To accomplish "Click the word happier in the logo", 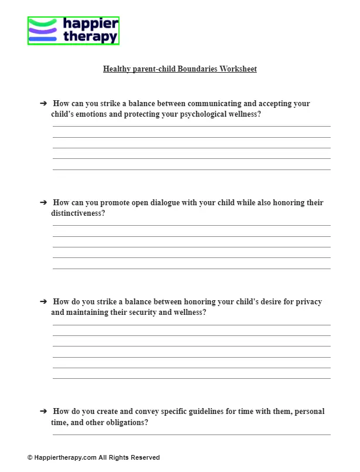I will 91,24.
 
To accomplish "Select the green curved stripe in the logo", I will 43,23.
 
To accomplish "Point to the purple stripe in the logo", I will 43,30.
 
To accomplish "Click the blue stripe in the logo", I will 43,39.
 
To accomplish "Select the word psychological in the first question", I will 200,114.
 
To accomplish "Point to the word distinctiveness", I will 77,213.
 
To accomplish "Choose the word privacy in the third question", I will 308,302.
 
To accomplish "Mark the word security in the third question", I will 157,313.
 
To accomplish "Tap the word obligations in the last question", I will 126,422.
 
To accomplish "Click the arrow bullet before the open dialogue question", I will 43,202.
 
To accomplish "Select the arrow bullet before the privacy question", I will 43,301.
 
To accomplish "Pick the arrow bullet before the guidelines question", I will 43,411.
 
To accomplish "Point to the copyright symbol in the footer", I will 30,457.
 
